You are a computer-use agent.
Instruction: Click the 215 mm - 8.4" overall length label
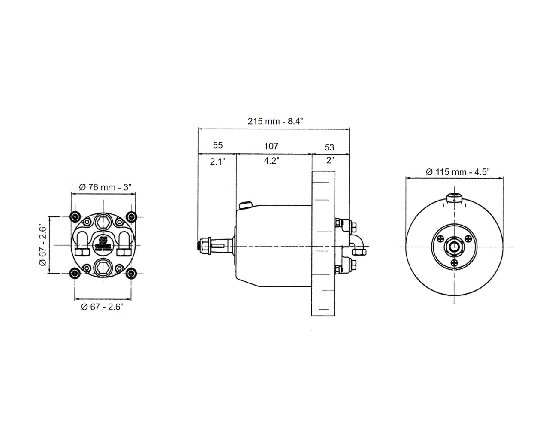tap(275, 121)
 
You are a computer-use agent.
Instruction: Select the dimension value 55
tap(217, 145)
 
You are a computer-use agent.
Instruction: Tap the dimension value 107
tap(271, 146)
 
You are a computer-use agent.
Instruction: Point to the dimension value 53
tap(329, 147)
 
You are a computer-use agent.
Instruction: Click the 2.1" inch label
tap(217, 162)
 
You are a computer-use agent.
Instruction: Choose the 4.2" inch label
tap(271, 161)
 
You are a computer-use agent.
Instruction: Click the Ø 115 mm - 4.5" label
tap(458, 172)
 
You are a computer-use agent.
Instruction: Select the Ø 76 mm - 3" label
tap(105, 187)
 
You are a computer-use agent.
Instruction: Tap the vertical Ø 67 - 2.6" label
tap(43, 245)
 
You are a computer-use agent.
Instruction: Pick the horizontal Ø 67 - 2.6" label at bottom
tap(102, 307)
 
